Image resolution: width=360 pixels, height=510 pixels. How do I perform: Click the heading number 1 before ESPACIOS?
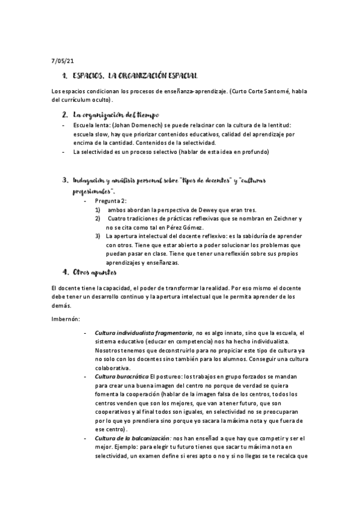(x=64, y=76)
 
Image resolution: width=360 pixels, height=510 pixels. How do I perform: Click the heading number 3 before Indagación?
(x=64, y=180)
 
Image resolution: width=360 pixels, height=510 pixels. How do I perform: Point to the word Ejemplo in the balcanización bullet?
(x=130, y=447)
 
